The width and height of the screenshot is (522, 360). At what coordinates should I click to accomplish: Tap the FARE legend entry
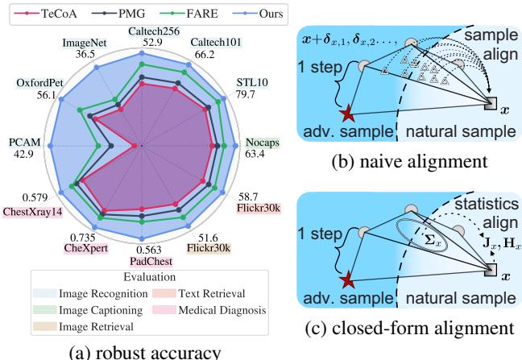coord(193,13)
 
